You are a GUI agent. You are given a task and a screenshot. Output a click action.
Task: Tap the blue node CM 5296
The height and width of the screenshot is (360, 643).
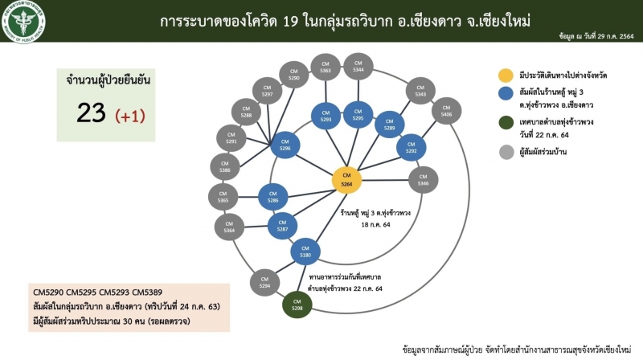285,145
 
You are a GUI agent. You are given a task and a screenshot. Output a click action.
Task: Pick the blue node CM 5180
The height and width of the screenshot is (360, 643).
305,252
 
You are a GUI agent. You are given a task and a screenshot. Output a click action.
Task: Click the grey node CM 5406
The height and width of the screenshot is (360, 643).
446,111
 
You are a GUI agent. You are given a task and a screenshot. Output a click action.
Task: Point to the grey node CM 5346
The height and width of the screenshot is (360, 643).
423,180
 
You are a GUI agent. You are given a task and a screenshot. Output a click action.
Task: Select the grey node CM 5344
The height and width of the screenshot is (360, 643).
358,67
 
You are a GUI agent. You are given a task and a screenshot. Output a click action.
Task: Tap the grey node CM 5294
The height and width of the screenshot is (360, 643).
264,280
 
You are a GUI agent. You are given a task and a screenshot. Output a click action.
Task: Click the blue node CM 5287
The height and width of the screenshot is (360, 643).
282,224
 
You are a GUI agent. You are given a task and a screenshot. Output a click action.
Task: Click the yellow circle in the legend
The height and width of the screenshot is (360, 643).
505,75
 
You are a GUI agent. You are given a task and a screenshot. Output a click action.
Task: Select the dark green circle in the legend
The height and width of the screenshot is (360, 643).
505,125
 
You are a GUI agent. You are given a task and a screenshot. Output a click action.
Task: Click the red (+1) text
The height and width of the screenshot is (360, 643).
130,117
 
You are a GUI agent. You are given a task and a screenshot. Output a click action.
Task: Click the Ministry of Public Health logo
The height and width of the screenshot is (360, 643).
24,20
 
